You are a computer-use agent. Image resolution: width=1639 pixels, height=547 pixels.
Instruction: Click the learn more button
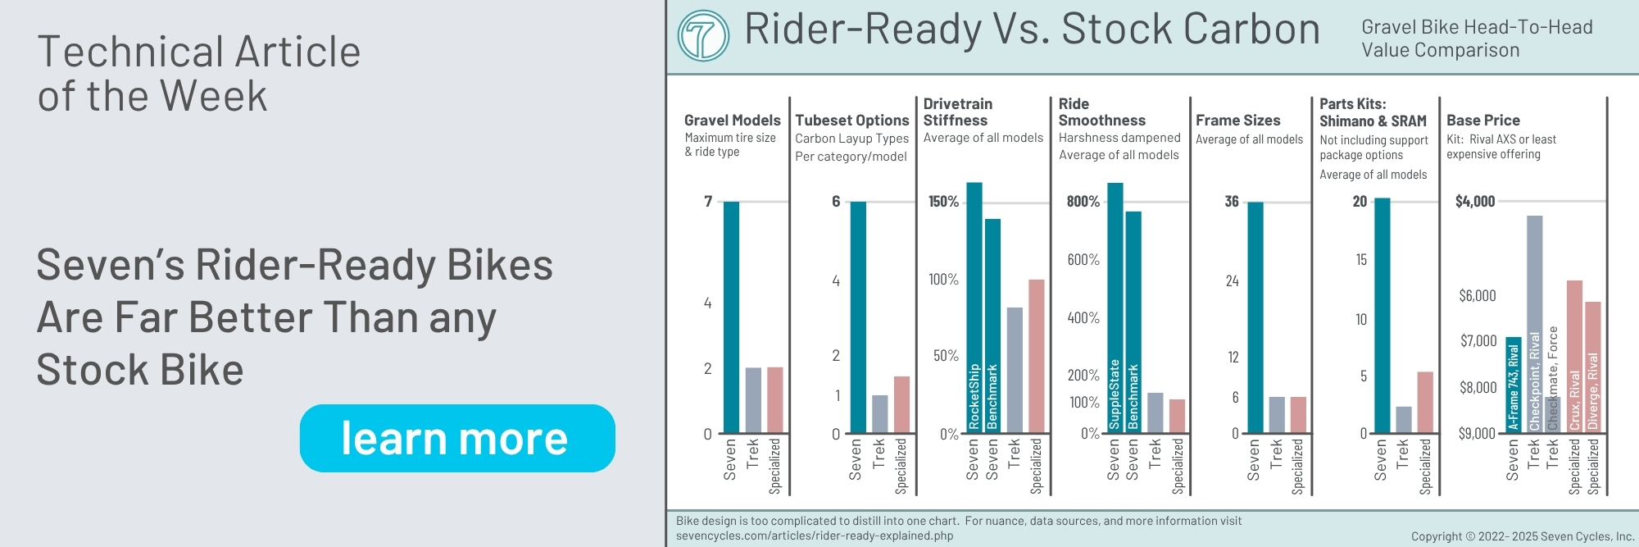pyautogui.click(x=457, y=438)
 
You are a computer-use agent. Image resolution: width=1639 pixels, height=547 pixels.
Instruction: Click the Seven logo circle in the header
pyautogui.click(x=703, y=36)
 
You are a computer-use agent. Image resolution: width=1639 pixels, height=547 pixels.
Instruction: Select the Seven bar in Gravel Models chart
pyautogui.click(x=731, y=317)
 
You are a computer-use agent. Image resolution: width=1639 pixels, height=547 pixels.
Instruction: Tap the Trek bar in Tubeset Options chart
pyautogui.click(x=879, y=414)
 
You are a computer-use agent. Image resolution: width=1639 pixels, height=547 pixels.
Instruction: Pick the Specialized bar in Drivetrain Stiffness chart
pyautogui.click(x=1037, y=356)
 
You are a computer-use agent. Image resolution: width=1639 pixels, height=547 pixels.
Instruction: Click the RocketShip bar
pyautogui.click(x=974, y=308)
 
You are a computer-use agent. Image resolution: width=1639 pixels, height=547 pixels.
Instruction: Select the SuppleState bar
pyautogui.click(x=1115, y=308)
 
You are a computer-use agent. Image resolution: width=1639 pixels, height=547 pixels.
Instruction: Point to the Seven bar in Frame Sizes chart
pyautogui.click(x=1255, y=317)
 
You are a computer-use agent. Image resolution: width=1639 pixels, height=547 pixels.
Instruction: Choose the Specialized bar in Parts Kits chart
pyautogui.click(x=1425, y=402)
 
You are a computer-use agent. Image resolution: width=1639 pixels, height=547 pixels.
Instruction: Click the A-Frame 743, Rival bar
pyautogui.click(x=1513, y=384)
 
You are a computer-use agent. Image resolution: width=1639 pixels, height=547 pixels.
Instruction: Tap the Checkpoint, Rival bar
pyautogui.click(x=1534, y=323)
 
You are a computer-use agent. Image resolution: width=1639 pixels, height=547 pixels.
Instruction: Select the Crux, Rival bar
pyautogui.click(x=1574, y=356)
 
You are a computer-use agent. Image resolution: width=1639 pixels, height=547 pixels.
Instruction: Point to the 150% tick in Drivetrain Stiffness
pyautogui.click(x=943, y=202)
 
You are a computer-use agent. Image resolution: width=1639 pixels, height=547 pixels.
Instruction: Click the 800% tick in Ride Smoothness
pyautogui.click(x=1083, y=202)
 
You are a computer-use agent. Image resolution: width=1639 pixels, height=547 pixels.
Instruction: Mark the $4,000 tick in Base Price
pyautogui.click(x=1475, y=202)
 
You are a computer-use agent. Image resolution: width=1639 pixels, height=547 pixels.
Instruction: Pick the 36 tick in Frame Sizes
pyautogui.click(x=1232, y=202)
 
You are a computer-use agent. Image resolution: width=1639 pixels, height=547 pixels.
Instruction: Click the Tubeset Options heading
pyautogui.click(x=851, y=121)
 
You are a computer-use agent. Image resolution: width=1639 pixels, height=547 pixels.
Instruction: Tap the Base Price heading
pyautogui.click(x=1482, y=121)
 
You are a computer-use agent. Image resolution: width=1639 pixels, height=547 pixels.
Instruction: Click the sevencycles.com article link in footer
pyautogui.click(x=815, y=536)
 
